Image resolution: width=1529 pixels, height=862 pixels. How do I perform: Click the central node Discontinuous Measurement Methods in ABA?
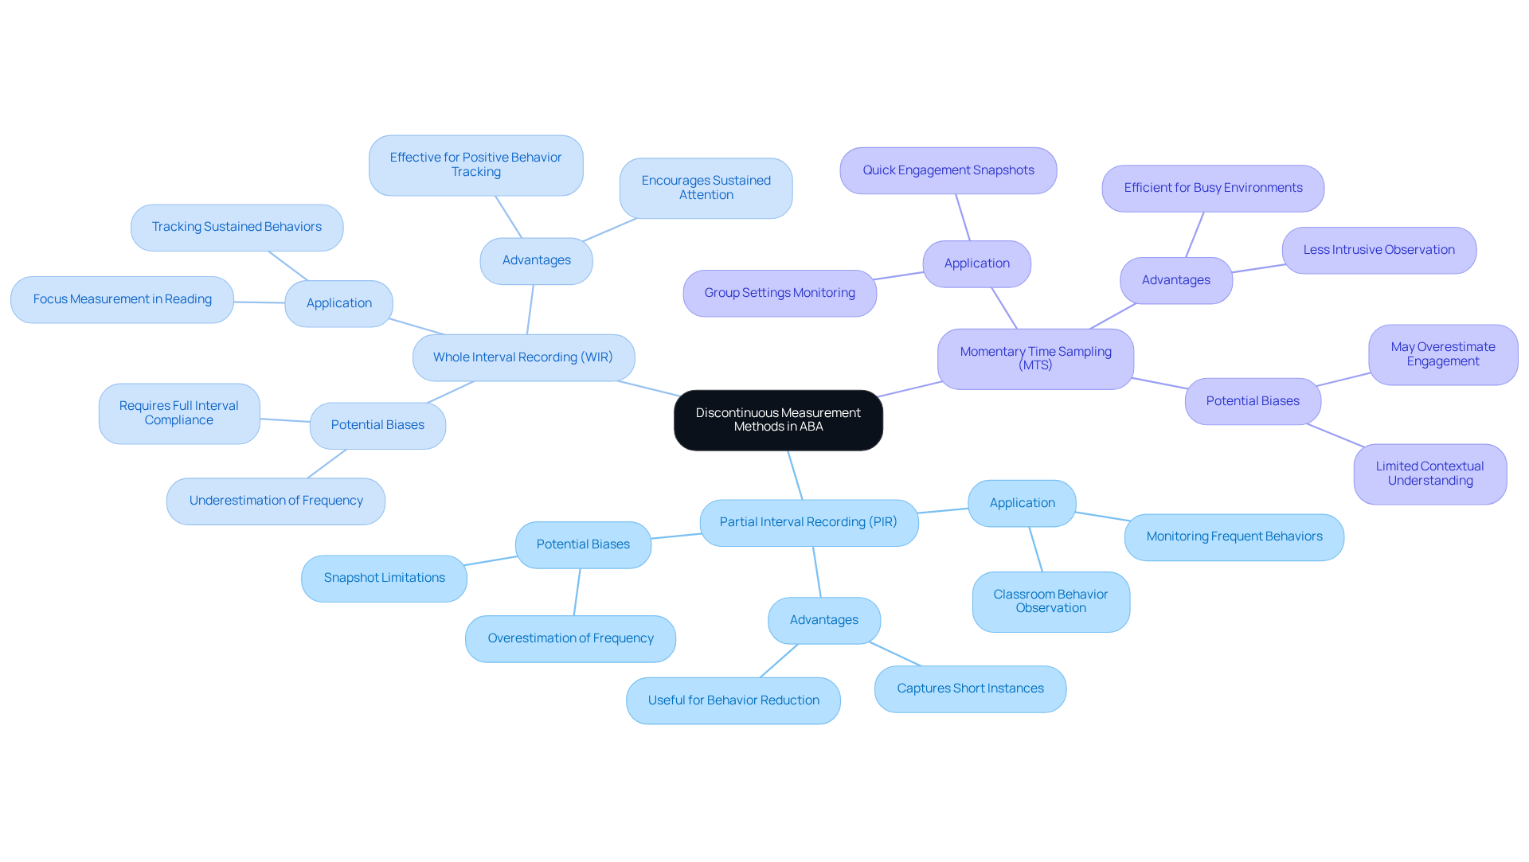[x=778, y=419]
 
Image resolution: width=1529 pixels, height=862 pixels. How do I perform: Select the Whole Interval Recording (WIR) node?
[x=523, y=357]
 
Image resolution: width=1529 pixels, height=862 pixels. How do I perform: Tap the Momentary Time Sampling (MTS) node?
[x=1035, y=358]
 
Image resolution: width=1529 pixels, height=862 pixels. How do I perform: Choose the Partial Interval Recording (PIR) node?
[x=808, y=522]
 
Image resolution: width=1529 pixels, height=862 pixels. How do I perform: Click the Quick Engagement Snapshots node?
[x=948, y=170]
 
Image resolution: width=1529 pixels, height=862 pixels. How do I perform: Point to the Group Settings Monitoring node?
[x=779, y=293]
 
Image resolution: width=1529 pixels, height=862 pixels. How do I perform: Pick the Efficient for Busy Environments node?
[x=1213, y=188]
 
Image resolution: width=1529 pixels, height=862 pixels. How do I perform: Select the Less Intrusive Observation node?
[x=1378, y=250]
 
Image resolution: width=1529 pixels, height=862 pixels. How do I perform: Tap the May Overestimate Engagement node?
[x=1442, y=354]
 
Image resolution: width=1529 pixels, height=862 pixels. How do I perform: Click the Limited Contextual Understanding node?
[x=1429, y=474]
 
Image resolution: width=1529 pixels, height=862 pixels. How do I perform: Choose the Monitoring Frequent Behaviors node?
[x=1234, y=536]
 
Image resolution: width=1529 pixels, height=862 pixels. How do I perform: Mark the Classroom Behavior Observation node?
[x=1050, y=601]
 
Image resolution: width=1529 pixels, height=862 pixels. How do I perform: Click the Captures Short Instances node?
[x=970, y=688]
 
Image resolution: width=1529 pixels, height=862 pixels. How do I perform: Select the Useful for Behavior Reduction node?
[x=733, y=700]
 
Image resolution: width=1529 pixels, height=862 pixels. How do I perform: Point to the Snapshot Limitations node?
[x=384, y=578]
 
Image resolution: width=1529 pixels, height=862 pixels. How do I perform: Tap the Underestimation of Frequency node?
[x=276, y=501]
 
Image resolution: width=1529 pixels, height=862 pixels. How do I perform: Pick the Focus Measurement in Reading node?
[x=122, y=299]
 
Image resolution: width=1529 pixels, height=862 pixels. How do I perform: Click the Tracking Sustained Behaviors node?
[x=237, y=227]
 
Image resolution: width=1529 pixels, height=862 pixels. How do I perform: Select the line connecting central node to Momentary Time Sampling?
[x=910, y=389]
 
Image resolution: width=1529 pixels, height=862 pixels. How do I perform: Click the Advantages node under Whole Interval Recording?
[x=536, y=260]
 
